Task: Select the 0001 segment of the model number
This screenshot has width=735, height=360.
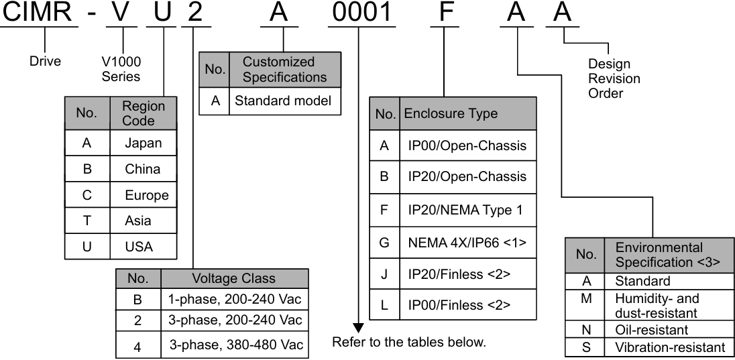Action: (x=360, y=14)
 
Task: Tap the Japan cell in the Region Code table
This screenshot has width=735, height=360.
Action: (x=143, y=143)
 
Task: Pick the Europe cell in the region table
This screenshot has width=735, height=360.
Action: (x=146, y=195)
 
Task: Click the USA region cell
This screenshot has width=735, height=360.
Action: (x=139, y=247)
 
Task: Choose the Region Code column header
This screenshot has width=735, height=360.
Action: (x=144, y=113)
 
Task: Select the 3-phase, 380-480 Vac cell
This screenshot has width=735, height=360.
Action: (x=235, y=346)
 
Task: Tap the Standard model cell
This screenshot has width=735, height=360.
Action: (x=285, y=103)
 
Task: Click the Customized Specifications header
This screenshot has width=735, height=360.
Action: (x=284, y=70)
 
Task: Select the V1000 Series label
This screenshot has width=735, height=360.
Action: (x=121, y=68)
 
